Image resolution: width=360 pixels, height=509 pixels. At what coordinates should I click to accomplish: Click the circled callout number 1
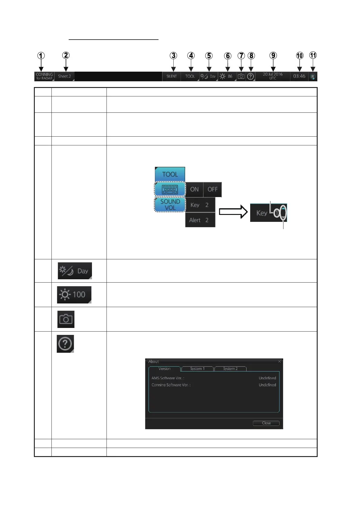[x=41, y=56]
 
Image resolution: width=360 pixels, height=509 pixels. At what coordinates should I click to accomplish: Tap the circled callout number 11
[x=313, y=55]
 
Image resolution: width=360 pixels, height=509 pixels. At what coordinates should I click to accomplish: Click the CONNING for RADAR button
[x=44, y=76]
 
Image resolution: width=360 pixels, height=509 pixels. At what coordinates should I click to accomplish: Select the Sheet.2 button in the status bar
[x=64, y=76]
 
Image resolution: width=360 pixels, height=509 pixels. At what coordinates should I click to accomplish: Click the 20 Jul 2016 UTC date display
[x=273, y=76]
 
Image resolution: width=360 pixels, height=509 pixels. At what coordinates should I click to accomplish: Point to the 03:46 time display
[x=299, y=76]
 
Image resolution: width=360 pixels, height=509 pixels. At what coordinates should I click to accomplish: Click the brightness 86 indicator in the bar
[x=227, y=76]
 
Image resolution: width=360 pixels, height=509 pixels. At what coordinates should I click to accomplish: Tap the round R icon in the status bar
[x=313, y=77]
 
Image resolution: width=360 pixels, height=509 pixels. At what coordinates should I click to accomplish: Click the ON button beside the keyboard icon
[x=194, y=190]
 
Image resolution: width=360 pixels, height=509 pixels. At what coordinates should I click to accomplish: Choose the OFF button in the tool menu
[x=212, y=190]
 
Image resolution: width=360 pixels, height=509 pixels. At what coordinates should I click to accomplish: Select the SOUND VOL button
[x=170, y=205]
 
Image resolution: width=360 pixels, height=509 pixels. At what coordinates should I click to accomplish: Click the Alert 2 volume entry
[x=200, y=220]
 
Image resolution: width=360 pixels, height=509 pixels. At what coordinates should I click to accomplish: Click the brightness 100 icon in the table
[x=74, y=295]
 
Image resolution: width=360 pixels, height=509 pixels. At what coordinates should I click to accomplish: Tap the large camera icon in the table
[x=66, y=319]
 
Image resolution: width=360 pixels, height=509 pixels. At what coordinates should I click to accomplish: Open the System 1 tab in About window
[x=197, y=369]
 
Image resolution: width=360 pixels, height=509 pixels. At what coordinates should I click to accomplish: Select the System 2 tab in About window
[x=230, y=369]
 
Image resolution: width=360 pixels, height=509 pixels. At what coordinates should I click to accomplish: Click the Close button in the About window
[x=266, y=423]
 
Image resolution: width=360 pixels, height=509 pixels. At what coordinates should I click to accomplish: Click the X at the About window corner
[x=280, y=361]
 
